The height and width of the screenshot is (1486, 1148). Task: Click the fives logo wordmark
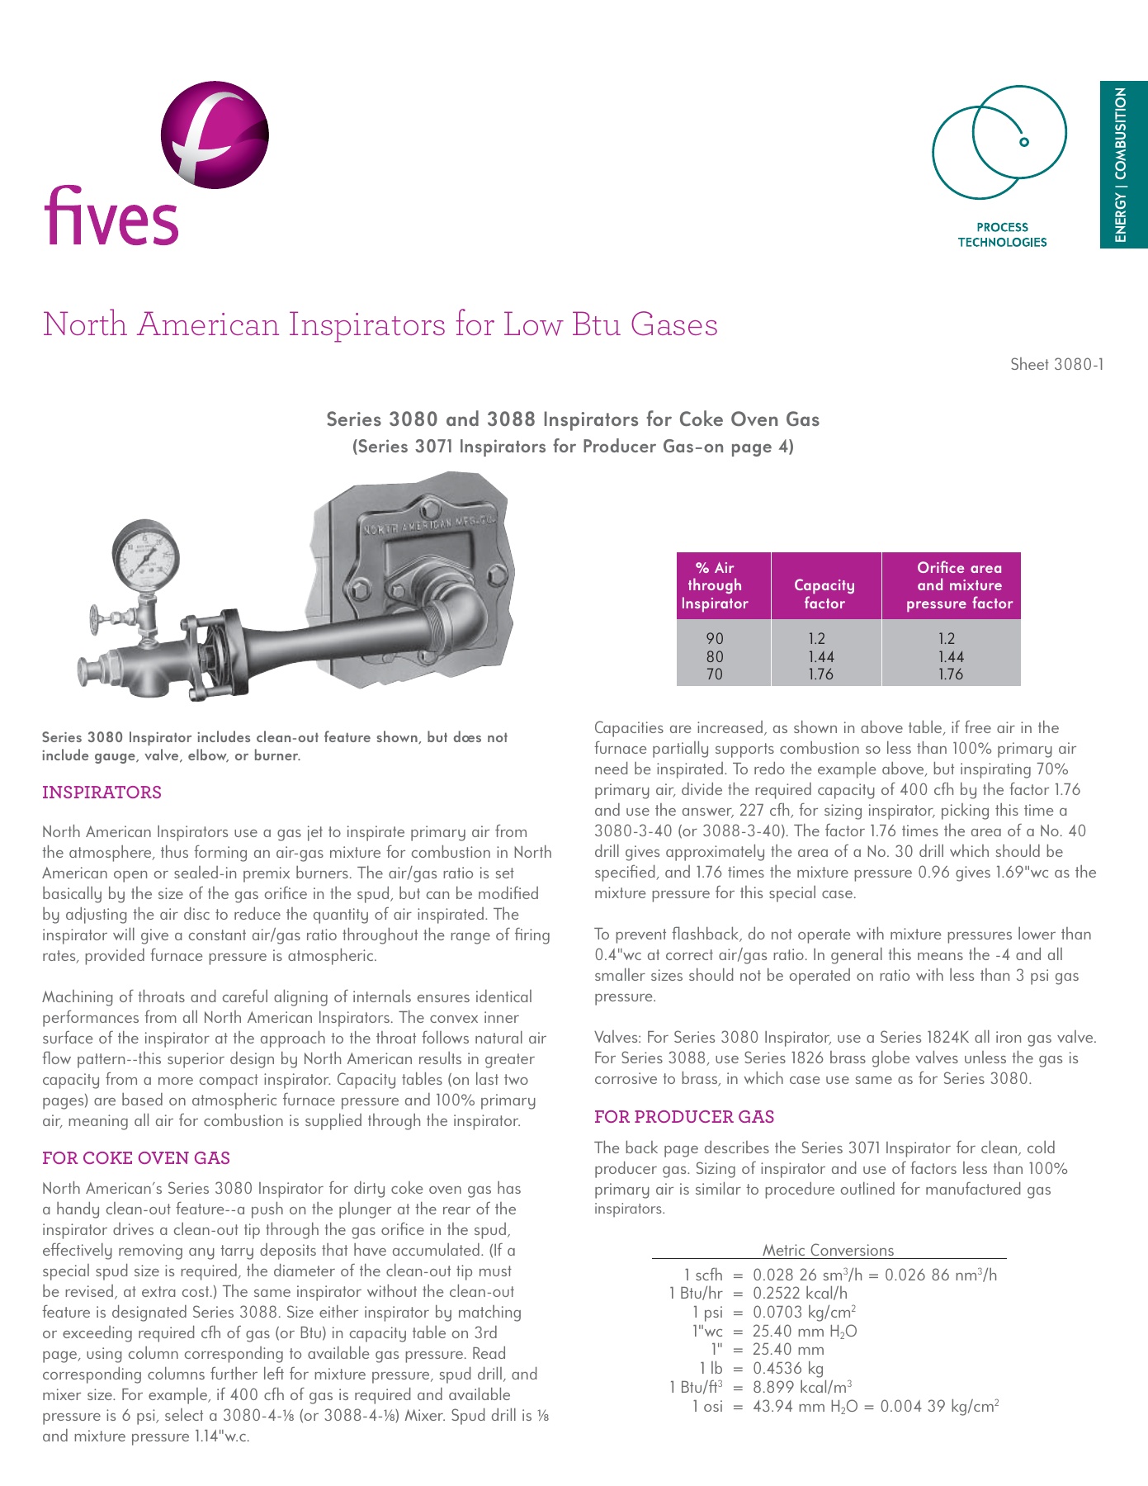tap(111, 216)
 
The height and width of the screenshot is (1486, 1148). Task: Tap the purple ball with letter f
tap(215, 135)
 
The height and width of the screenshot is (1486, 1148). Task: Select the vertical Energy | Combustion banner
tap(1122, 164)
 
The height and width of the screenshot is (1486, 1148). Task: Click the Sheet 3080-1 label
tap(1056, 364)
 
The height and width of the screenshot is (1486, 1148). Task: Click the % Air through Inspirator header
tap(715, 585)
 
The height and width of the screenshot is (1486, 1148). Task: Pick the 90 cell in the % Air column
tap(715, 638)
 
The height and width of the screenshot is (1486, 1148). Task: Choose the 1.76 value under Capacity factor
tap(820, 674)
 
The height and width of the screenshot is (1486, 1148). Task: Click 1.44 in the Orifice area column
tap(951, 656)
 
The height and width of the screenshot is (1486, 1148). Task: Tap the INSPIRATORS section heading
tap(102, 793)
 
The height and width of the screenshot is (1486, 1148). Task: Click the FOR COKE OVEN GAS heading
tap(136, 1158)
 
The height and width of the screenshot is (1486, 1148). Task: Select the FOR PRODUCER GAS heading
tap(684, 1117)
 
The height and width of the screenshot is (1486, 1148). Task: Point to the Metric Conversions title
tap(828, 1250)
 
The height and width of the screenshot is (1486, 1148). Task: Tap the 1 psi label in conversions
tap(707, 1312)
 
